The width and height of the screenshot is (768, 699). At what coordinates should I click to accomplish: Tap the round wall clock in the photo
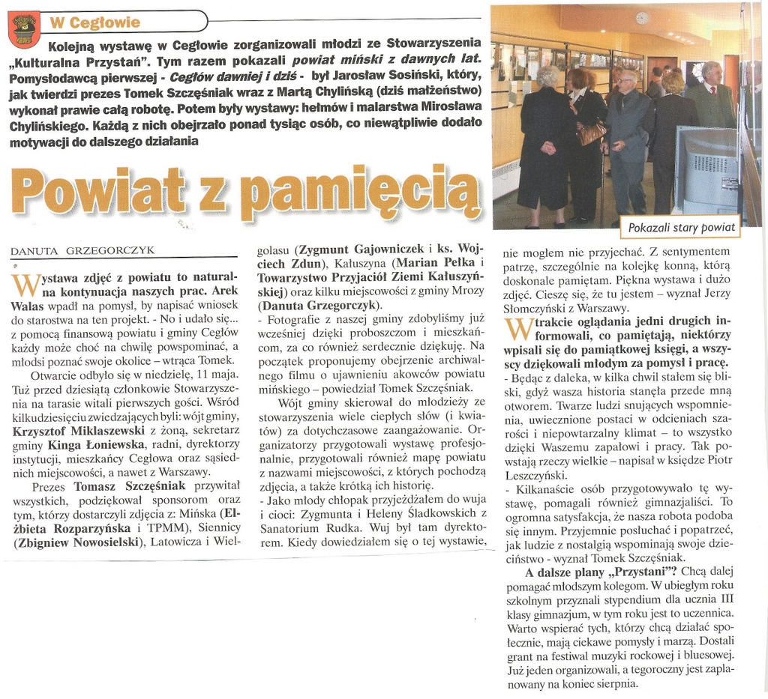tap(642, 18)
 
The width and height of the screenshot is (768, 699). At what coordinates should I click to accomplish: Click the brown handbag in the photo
tap(591, 133)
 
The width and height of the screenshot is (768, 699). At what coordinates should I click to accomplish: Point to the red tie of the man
tap(713, 91)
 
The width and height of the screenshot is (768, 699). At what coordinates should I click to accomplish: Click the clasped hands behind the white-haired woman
tap(548, 148)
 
